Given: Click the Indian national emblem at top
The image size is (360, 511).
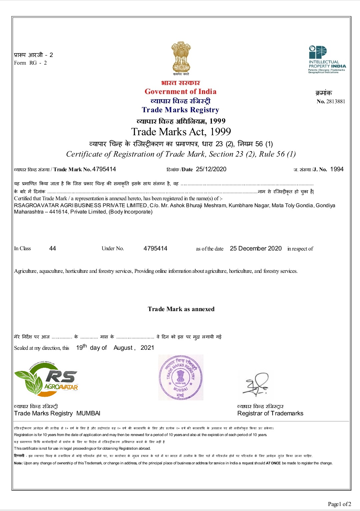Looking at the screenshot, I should coord(181,57).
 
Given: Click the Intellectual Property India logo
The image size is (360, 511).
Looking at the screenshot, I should coord(327,59).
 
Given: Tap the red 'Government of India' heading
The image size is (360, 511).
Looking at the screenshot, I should coord(180,92).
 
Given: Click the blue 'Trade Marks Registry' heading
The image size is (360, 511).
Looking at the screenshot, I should coord(180,110).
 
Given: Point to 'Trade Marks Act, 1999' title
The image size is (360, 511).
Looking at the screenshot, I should coord(181,132).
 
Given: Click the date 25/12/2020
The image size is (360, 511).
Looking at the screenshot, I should coord(211,169).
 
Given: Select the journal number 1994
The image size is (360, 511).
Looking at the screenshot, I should coord(337,169).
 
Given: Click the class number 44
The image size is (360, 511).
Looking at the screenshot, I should coord(53,249).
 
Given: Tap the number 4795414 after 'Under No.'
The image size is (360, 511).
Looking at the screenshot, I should coord(155,249).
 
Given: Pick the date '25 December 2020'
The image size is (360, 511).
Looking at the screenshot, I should coord(256,249).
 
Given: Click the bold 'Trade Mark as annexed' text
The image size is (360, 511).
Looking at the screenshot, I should coord(181,309).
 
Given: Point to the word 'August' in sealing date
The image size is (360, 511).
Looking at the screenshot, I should coord(123,348).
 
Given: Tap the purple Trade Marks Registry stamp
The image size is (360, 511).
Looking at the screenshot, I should coord(181,377).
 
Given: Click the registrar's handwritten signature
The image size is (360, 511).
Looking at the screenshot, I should coord(256,384).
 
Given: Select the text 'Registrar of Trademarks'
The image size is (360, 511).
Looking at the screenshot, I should coord(270,413).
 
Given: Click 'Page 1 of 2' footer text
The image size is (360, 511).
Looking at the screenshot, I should coord(339,504).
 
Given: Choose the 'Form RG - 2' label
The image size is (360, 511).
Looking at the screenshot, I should coord(30,63).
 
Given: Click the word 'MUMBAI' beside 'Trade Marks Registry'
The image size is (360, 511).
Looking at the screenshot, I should coord(88,413).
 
